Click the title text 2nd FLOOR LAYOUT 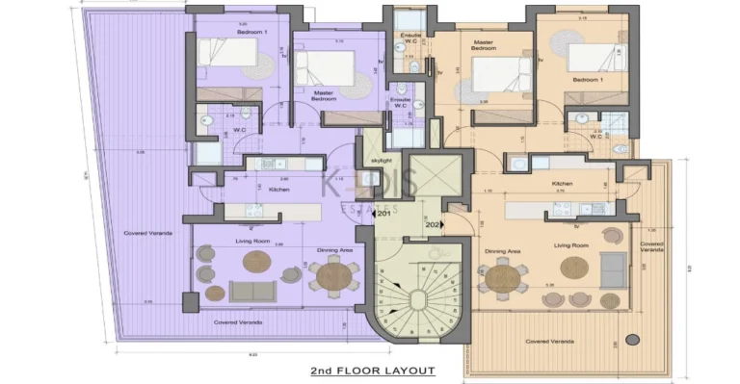pos(372,371)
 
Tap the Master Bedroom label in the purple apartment pos(324,95)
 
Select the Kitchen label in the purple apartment pos(252,190)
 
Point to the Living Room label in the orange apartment pos(571,246)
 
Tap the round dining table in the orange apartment pos(504,279)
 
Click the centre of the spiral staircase pos(417,299)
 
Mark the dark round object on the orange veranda pos(632,340)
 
